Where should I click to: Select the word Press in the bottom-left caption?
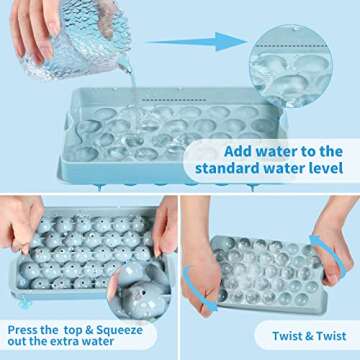pyautogui.click(x=27, y=328)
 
